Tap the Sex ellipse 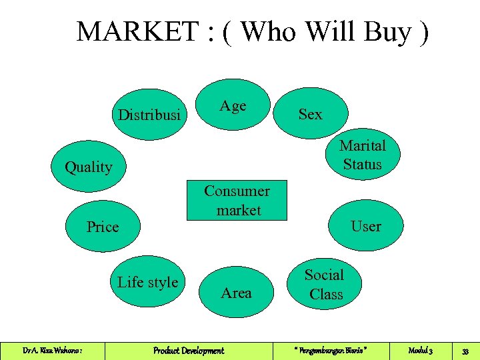click(310, 114)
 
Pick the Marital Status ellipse click(362, 155)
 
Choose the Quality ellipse click(89, 167)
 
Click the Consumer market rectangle click(237, 200)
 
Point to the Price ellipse click(103, 227)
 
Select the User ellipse click(366, 226)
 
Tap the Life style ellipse click(147, 282)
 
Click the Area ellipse click(236, 293)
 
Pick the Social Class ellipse click(325, 285)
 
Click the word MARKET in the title click(137, 31)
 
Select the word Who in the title click(269, 31)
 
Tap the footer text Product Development click(189, 351)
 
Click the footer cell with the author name click(52, 351)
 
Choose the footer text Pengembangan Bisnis click(330, 351)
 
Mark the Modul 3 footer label click(421, 351)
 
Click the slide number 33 click(466, 351)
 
